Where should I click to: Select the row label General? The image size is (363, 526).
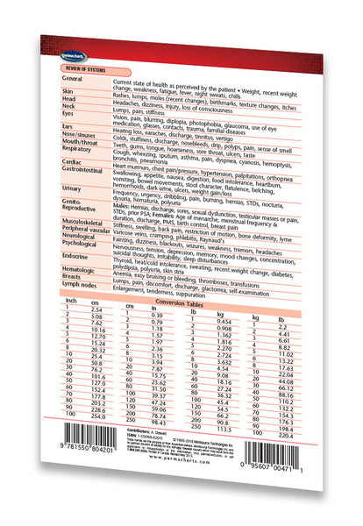tap(75, 78)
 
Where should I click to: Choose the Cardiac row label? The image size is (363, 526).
tap(73, 162)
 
